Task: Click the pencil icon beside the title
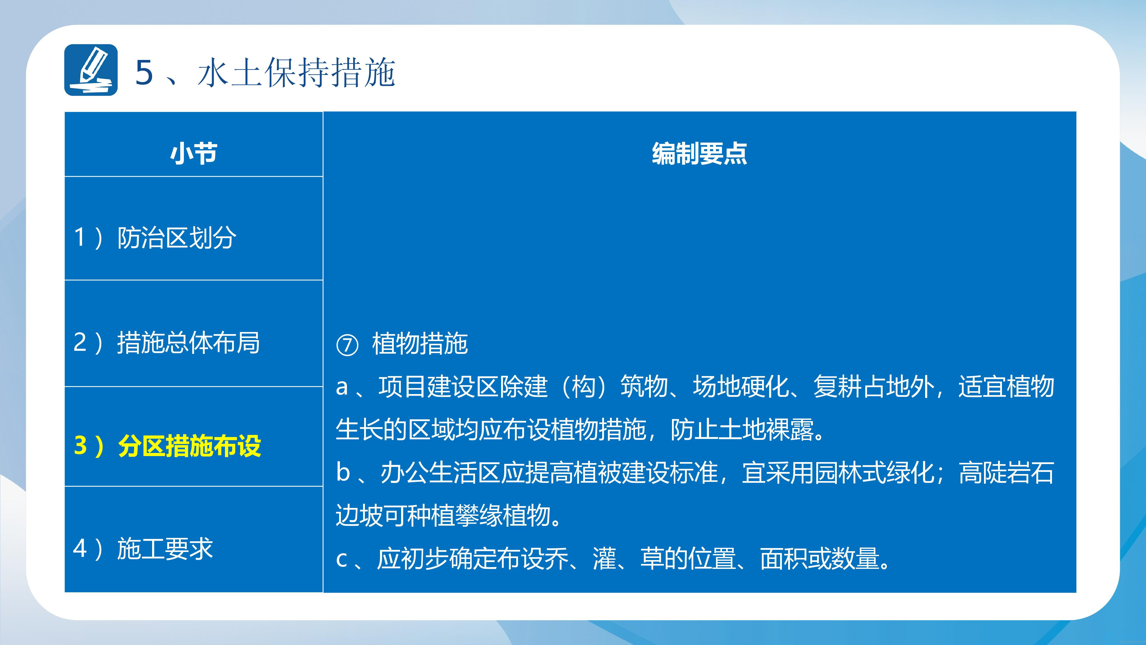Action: [x=91, y=70]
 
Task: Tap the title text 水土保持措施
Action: [x=296, y=72]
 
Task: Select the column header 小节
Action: [x=194, y=153]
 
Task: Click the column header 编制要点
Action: [x=699, y=153]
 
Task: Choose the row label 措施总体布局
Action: [x=189, y=343]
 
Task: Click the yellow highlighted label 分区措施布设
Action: [x=190, y=446]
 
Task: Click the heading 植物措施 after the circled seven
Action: [x=420, y=344]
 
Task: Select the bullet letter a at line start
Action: [x=342, y=387]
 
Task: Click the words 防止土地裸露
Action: [x=742, y=429]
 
